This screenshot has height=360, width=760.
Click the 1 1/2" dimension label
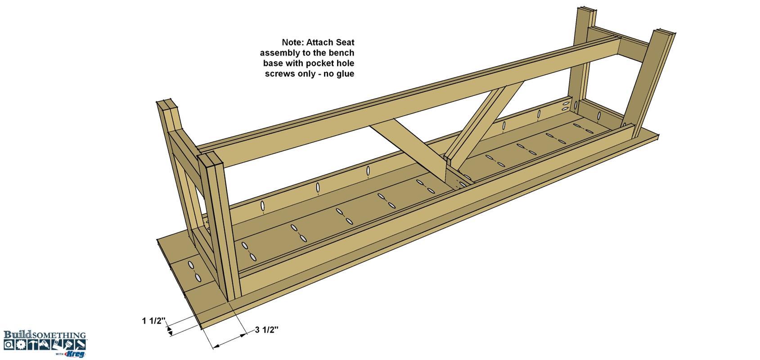tap(154, 321)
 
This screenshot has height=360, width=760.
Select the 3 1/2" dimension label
tap(267, 330)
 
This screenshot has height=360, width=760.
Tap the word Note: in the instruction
tap(293, 42)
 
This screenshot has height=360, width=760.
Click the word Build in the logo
tap(16, 334)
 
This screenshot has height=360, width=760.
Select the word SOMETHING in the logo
tap(57, 335)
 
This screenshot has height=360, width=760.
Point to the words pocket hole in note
tap(330, 63)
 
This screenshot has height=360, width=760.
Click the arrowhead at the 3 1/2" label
tap(243, 335)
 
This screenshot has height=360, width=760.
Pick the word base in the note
tap(273, 63)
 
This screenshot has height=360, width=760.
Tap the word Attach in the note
tap(320, 42)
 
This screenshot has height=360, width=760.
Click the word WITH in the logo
tap(60, 354)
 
